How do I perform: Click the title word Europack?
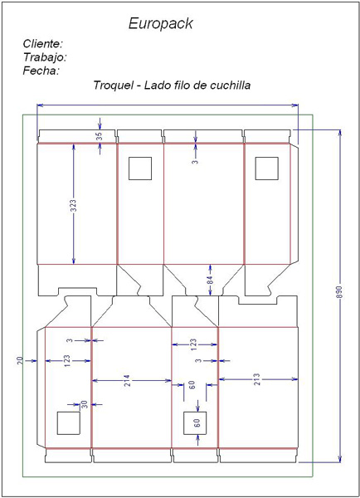click(x=160, y=24)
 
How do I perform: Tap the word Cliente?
click(x=43, y=43)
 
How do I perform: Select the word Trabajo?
click(x=45, y=57)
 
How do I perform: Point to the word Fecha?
click(x=41, y=71)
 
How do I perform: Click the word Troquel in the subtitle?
click(x=114, y=85)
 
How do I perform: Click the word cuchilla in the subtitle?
click(x=230, y=85)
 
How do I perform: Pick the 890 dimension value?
click(x=339, y=292)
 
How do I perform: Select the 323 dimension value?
click(x=73, y=206)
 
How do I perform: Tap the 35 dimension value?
click(x=100, y=136)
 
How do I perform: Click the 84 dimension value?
click(x=210, y=281)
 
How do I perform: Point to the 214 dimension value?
click(x=126, y=380)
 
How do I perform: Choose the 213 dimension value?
click(x=257, y=379)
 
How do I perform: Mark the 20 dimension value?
click(x=20, y=360)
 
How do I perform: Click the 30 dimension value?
click(x=85, y=405)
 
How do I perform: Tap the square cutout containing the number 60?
click(x=195, y=423)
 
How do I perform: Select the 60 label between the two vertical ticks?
click(x=192, y=385)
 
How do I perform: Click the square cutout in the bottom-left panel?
click(x=68, y=423)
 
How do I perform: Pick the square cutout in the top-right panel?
click(x=267, y=168)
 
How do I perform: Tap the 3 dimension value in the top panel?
click(x=195, y=161)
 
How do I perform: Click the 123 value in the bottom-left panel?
click(x=66, y=361)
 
